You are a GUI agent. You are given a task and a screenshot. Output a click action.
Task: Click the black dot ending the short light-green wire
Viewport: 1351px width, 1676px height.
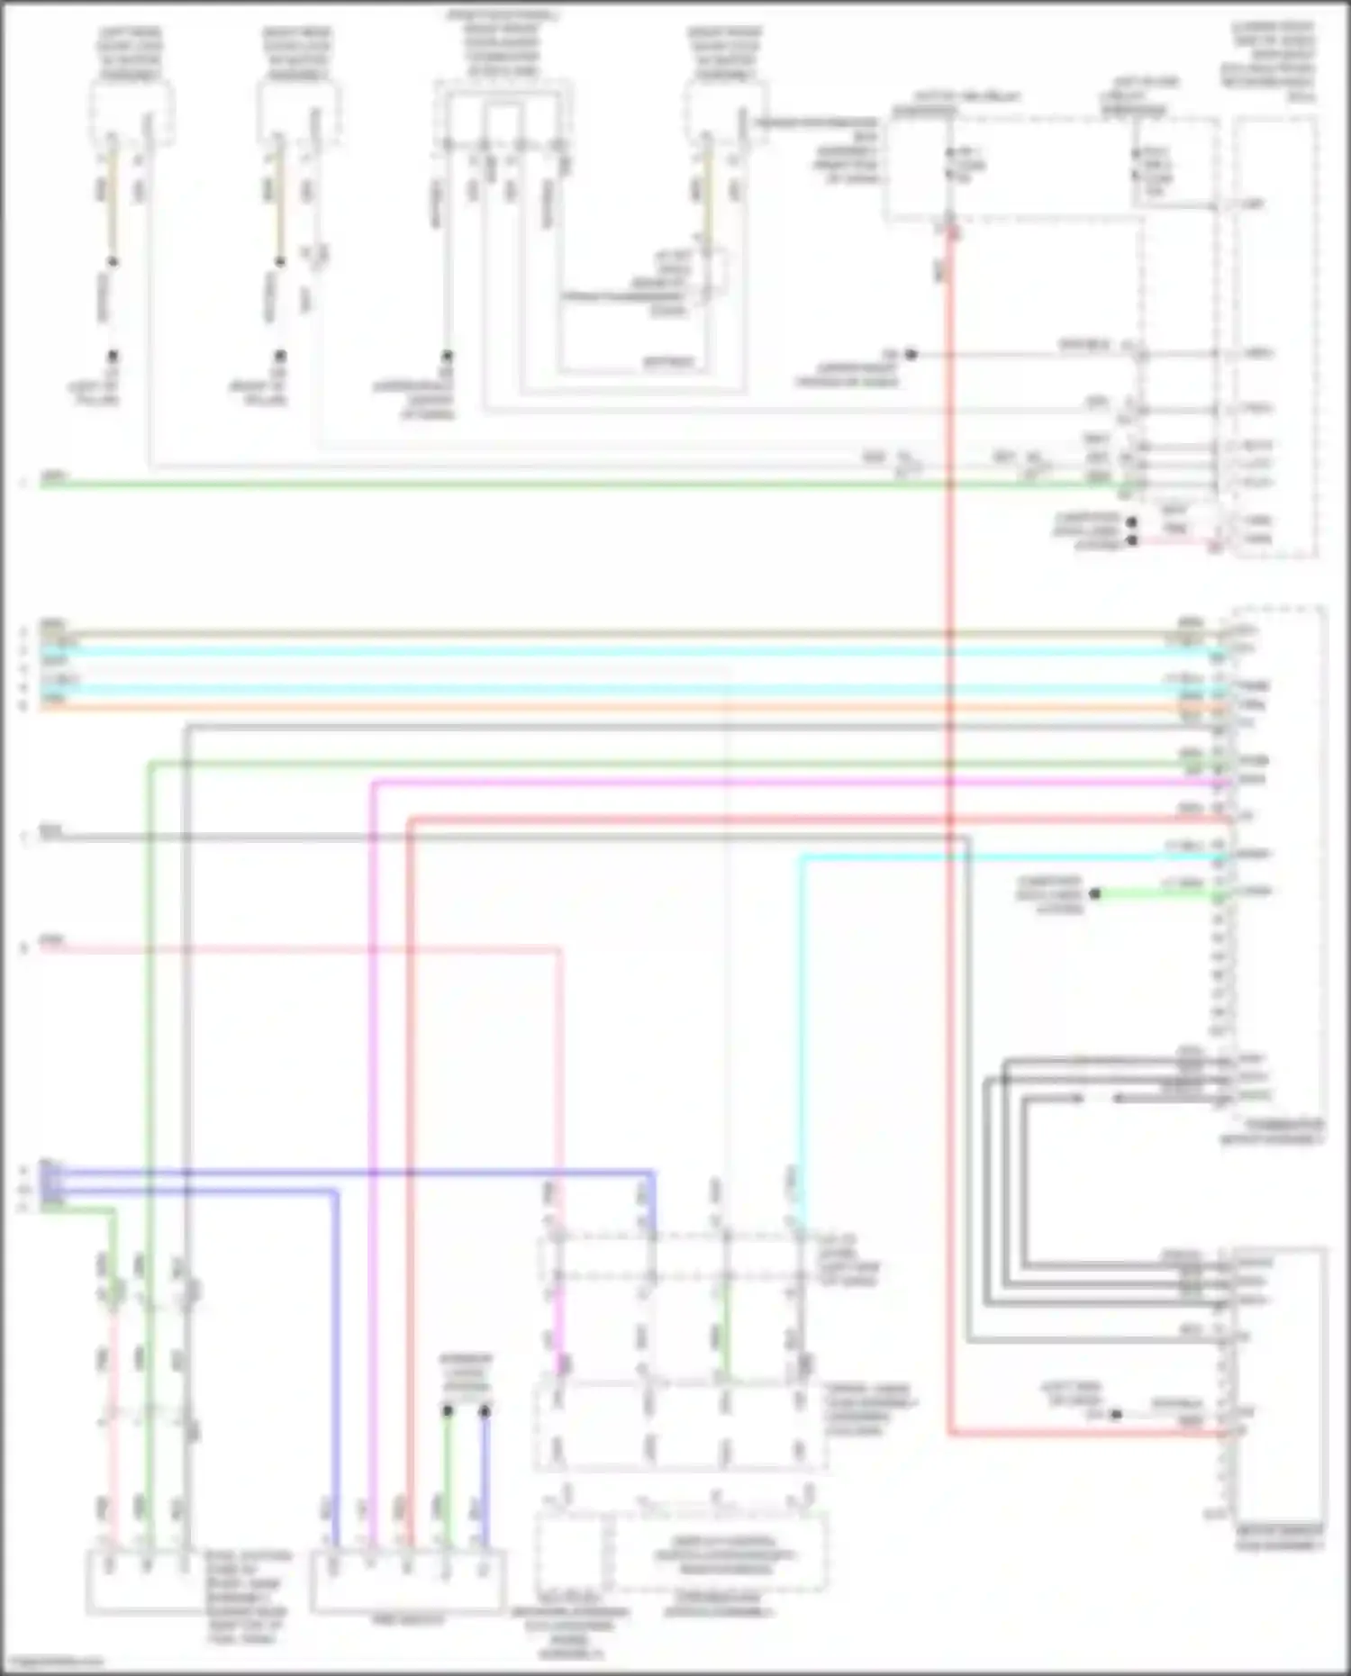click(1094, 894)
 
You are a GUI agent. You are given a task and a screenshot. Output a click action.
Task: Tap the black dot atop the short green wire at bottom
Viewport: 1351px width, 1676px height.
click(448, 1410)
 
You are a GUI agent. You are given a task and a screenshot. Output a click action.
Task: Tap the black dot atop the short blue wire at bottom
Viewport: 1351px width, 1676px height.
click(485, 1410)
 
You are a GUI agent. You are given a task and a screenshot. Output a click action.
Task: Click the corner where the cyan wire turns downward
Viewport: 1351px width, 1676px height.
click(801, 858)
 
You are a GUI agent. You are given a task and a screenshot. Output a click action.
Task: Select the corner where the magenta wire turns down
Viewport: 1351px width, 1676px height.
click(373, 783)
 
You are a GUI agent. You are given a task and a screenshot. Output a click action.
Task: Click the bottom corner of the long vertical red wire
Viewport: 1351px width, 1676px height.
click(950, 1432)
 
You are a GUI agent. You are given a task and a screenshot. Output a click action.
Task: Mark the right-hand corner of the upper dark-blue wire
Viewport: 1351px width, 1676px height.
click(652, 1173)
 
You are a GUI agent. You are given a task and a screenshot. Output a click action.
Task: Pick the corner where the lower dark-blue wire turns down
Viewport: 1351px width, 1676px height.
click(336, 1191)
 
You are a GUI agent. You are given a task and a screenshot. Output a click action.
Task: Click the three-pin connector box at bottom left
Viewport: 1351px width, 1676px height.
click(144, 1581)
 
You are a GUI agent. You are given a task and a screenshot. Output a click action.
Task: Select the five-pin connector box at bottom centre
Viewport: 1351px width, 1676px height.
click(407, 1581)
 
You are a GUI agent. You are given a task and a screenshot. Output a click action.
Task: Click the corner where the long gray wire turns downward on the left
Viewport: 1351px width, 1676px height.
click(187, 726)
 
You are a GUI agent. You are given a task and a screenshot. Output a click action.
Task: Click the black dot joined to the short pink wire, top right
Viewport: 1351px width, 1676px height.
click(1132, 540)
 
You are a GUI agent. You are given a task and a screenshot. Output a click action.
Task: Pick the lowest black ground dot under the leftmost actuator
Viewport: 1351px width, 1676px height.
click(113, 356)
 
